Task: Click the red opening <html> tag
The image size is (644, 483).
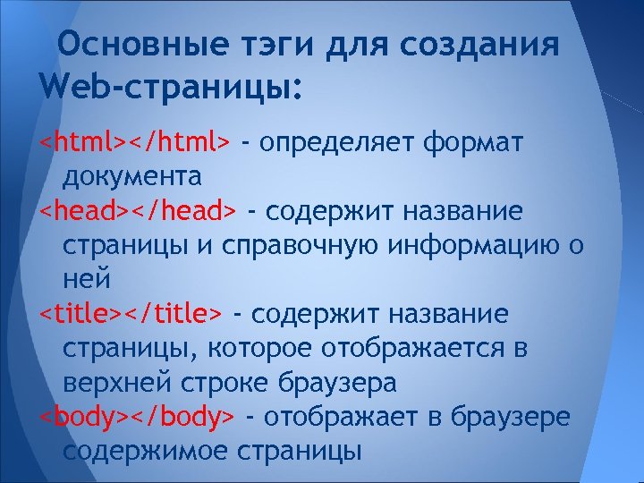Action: pyautogui.click(x=83, y=142)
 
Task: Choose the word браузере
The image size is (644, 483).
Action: pyautogui.click(x=518, y=416)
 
